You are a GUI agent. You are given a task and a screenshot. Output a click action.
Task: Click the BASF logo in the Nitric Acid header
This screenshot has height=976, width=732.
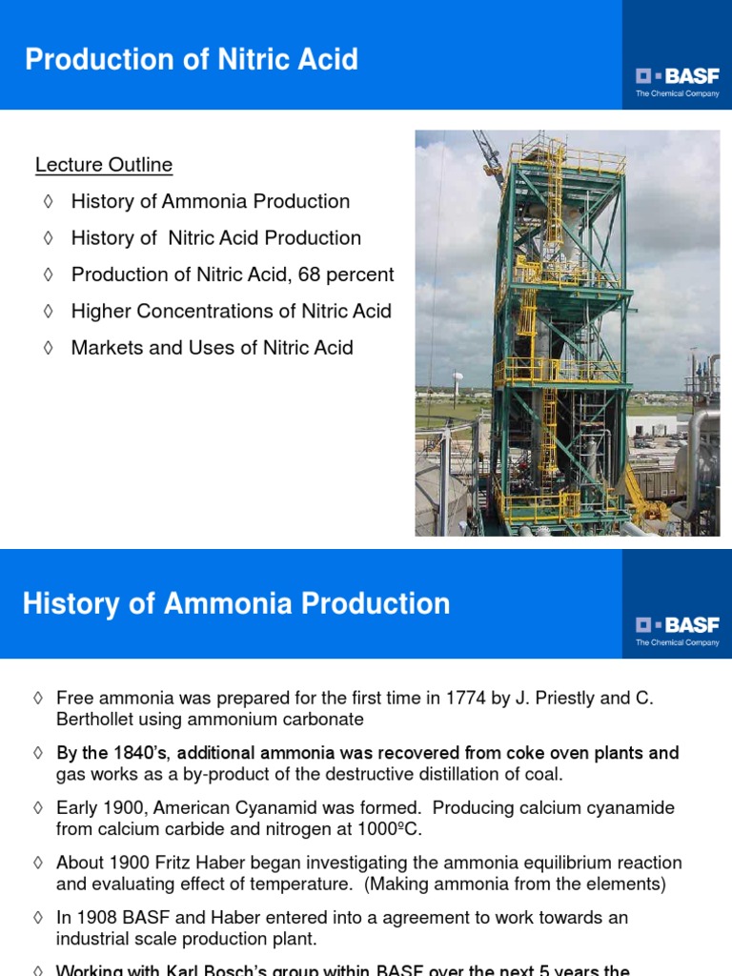point(677,76)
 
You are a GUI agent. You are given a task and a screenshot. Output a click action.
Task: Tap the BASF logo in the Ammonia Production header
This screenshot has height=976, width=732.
point(677,625)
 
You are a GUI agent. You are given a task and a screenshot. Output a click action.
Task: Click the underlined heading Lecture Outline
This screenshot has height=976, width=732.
point(104,165)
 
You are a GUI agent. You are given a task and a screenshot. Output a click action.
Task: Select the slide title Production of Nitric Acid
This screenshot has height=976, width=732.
point(192,60)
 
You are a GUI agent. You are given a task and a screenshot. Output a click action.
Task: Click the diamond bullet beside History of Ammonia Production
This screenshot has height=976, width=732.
point(48,202)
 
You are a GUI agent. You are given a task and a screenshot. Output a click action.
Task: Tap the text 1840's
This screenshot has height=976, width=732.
point(140,753)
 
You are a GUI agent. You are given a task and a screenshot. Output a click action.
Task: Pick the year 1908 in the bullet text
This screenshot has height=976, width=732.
point(98,917)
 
